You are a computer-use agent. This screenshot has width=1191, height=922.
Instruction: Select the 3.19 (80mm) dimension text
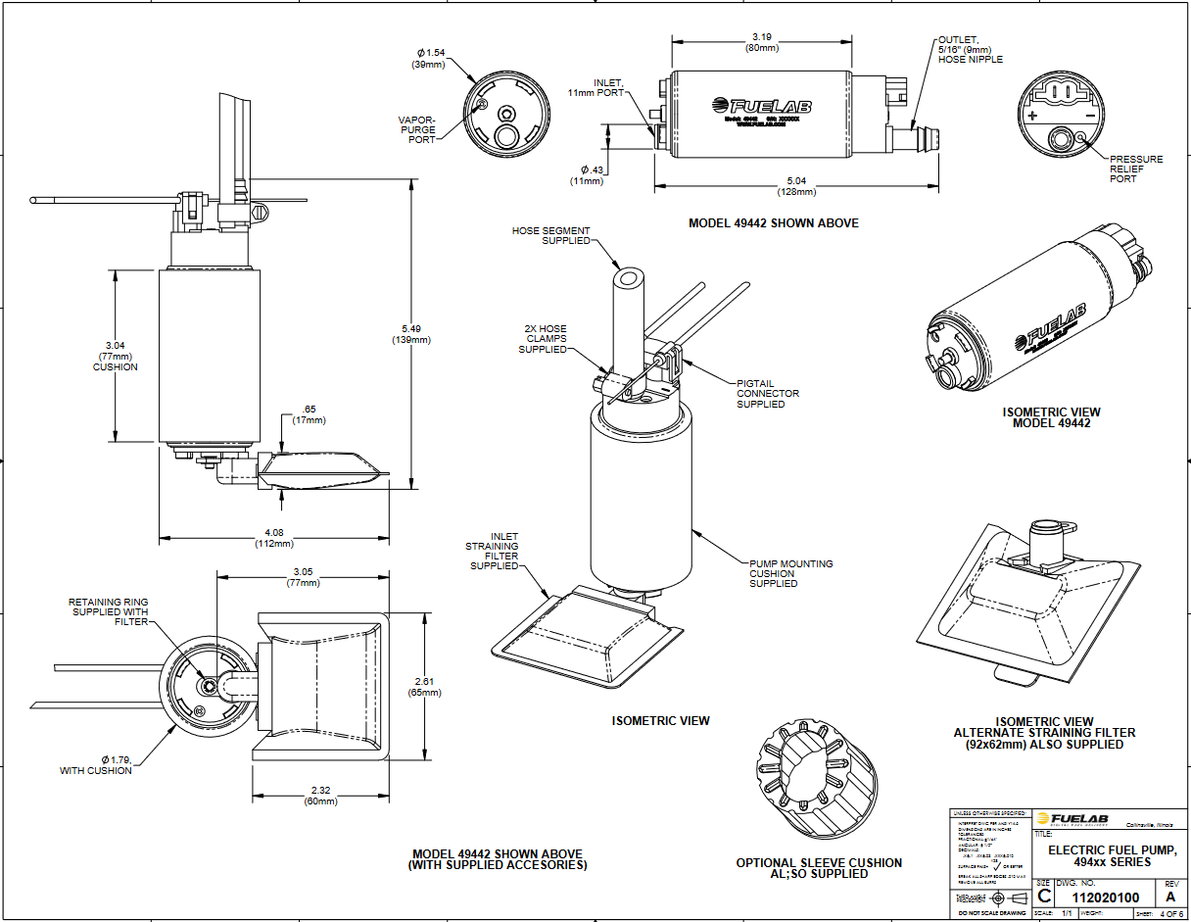point(761,42)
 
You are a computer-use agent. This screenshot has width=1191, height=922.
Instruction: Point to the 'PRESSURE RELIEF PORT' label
point(1136,169)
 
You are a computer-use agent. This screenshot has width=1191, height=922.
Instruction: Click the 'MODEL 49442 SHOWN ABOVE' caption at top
point(773,223)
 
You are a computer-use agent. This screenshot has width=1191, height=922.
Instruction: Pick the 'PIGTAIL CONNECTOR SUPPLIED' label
point(768,393)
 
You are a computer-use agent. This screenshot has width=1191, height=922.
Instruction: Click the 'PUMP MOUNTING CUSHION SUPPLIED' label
point(790,573)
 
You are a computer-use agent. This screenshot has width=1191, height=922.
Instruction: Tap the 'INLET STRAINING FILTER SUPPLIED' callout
point(495,552)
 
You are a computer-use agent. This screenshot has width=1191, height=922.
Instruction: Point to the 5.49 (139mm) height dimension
point(411,333)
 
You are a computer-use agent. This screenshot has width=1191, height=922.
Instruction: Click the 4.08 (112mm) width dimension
point(274,538)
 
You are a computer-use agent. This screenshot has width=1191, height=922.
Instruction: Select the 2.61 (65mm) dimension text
point(427,687)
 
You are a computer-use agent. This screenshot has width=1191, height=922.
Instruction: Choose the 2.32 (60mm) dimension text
point(320,796)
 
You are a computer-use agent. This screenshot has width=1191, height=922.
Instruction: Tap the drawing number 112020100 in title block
point(1106,897)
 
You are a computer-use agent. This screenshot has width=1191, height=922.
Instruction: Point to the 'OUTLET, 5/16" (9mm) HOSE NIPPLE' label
point(970,50)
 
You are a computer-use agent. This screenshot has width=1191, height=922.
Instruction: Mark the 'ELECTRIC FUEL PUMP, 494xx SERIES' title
point(1105,855)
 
